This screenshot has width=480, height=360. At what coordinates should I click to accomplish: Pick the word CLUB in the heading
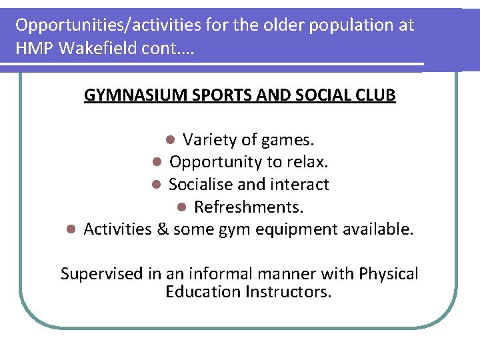[376, 95]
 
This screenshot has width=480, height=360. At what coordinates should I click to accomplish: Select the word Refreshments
[249, 207]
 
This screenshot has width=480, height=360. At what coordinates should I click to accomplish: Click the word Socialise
[199, 185]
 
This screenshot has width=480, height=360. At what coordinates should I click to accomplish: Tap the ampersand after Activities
[162, 230]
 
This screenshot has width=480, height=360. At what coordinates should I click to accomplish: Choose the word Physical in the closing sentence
[389, 274]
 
